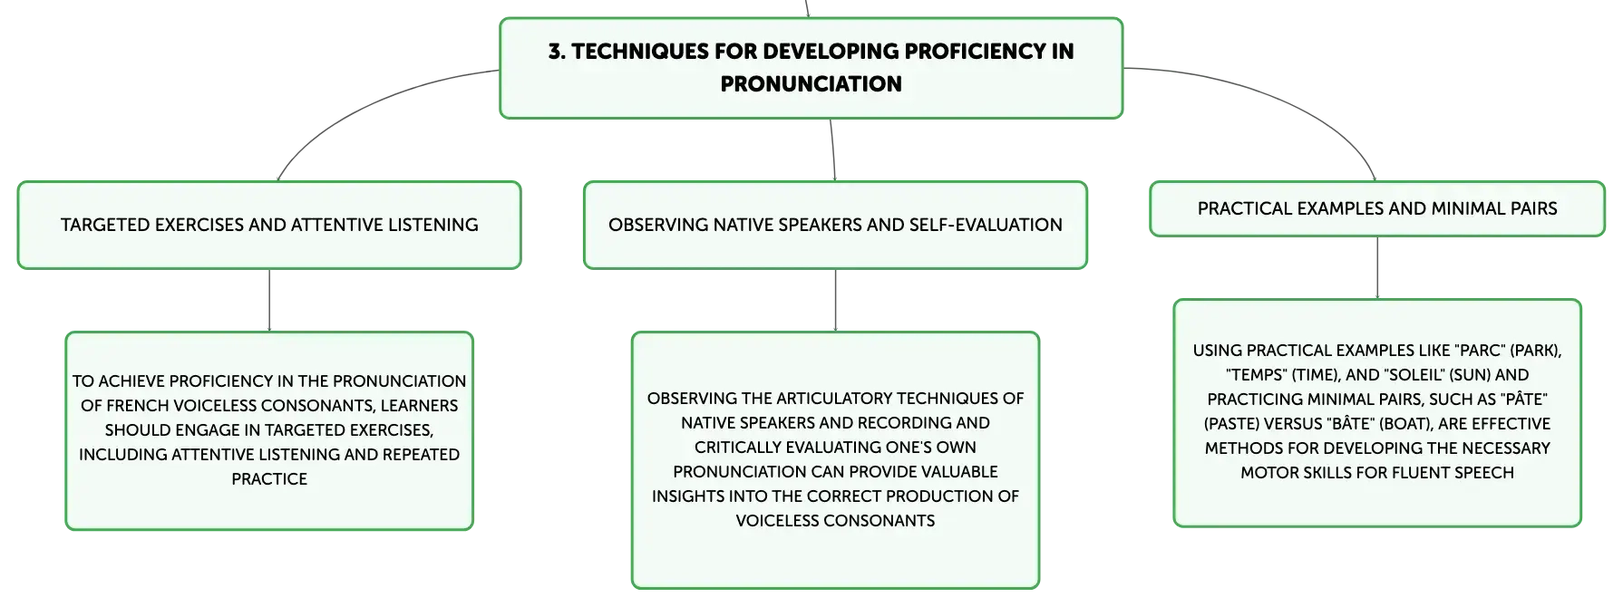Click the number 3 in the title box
(x=553, y=52)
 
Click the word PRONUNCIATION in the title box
(x=811, y=84)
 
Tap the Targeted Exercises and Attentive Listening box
(x=269, y=225)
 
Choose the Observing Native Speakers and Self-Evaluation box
(x=835, y=225)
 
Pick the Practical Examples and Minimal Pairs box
(x=1376, y=208)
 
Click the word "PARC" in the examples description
(x=1480, y=351)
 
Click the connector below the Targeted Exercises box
(x=270, y=300)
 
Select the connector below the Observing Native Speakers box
(x=835, y=300)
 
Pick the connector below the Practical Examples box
(x=1378, y=267)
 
